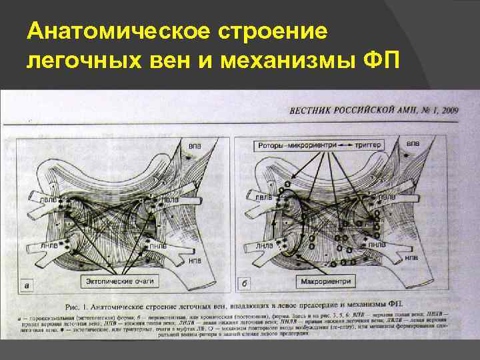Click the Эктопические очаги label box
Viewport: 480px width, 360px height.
120,281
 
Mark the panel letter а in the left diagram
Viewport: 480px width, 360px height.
27,286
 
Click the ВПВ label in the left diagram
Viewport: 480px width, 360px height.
195,145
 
